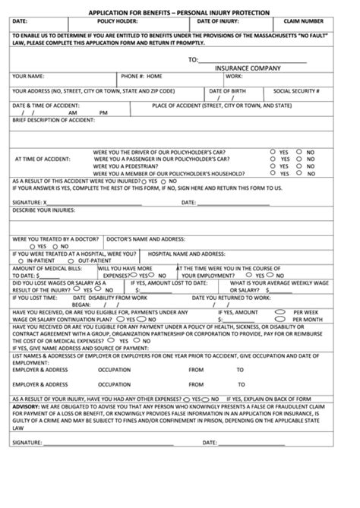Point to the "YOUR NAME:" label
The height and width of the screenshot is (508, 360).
[28, 77]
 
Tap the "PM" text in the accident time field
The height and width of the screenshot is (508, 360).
[103, 112]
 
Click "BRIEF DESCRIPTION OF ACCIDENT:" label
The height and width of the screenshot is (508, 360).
[53, 121]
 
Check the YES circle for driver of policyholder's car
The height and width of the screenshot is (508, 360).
[273, 151]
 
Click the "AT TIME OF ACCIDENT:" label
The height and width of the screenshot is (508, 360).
[43, 159]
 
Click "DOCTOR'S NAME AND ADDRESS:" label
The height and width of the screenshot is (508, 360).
[145, 238]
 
